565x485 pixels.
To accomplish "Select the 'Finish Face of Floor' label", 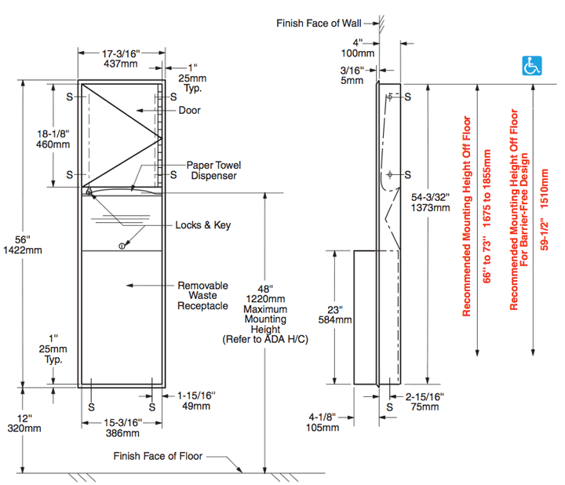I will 158,456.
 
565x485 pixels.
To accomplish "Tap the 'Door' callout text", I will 189,111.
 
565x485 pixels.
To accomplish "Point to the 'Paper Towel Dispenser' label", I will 213,170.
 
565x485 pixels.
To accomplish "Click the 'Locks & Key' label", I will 202,225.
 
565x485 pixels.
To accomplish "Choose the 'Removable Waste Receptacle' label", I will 202,295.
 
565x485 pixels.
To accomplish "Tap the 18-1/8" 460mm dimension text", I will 53,139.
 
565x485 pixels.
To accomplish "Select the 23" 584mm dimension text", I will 341,315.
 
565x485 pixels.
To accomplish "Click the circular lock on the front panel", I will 122,246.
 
